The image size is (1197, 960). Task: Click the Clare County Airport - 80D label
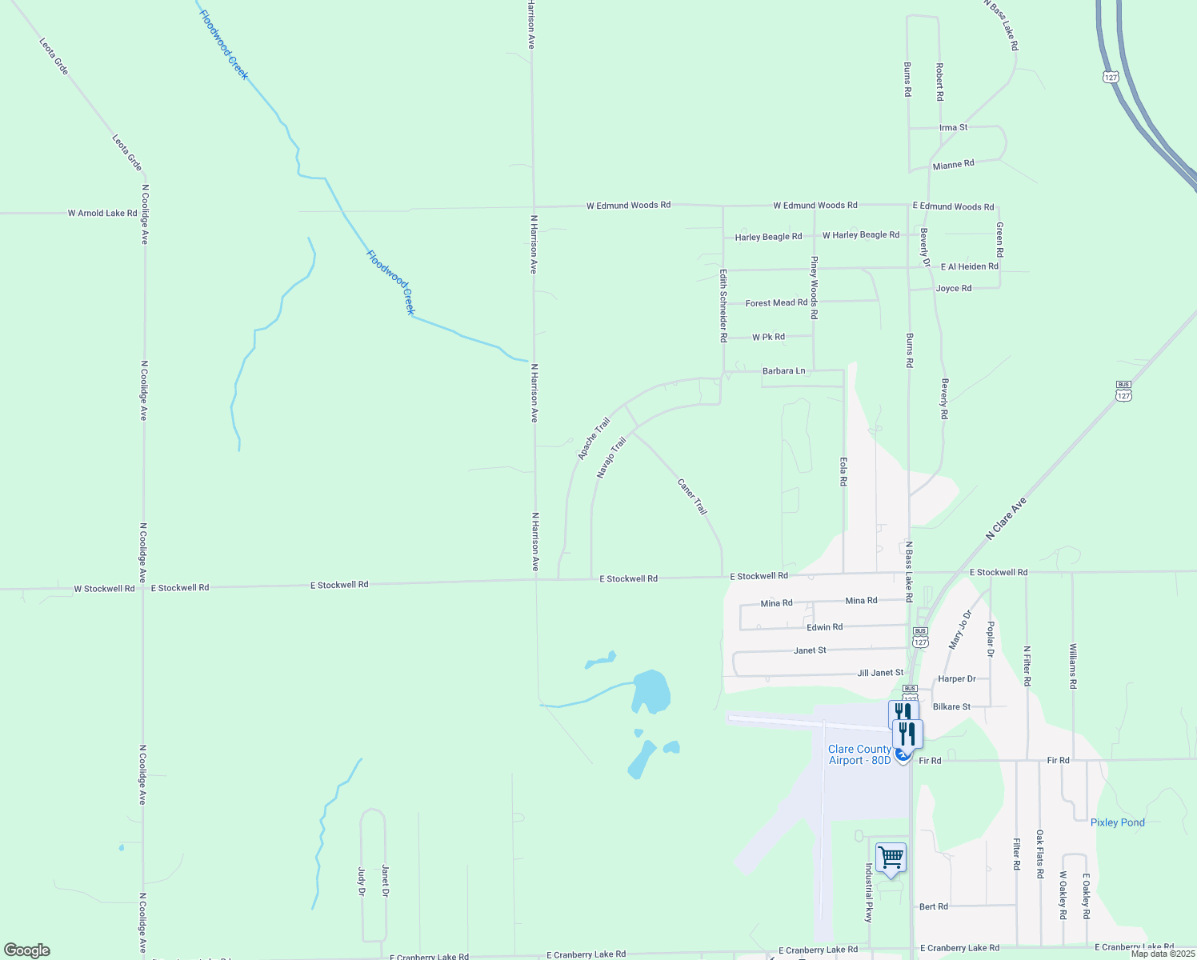[x=859, y=754]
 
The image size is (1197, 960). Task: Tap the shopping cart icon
[x=891, y=858]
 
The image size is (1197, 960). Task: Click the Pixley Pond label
[x=1117, y=822]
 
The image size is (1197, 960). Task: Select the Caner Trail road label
[x=692, y=497]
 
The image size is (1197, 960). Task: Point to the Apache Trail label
[x=594, y=438]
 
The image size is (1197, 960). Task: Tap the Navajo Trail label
[x=611, y=458]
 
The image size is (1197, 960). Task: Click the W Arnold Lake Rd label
[x=102, y=214]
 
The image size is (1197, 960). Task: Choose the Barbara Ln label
[x=783, y=371]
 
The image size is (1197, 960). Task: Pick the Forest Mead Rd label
[x=776, y=303]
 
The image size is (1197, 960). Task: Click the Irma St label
[x=953, y=128]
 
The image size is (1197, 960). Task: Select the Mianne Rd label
[x=953, y=165]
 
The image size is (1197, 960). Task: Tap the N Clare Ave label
[x=1006, y=519]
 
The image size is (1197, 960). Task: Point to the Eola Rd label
[x=843, y=471]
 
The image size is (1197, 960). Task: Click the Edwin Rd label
[x=824, y=627]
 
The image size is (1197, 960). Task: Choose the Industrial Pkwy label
[x=868, y=893]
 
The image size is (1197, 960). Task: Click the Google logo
[x=27, y=950]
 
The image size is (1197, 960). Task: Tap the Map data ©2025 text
[x=1162, y=954]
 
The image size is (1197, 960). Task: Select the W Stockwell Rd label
[x=104, y=589]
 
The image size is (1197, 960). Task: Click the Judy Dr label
[x=361, y=880]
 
